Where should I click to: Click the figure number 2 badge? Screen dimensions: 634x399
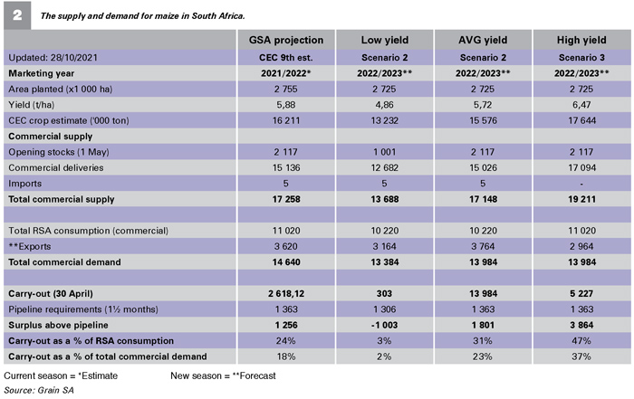click(17, 15)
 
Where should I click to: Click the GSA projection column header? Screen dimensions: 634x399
click(286, 40)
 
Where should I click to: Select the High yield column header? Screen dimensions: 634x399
click(581, 40)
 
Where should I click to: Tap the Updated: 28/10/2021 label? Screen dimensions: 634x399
click(53, 57)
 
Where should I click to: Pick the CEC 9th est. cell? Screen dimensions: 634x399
click(286, 57)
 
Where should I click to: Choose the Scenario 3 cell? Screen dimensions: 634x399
click(581, 57)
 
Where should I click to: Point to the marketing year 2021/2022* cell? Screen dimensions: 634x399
click(286, 73)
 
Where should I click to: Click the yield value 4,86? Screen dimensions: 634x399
click(385, 105)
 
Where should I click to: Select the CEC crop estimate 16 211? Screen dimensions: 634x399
click(286, 120)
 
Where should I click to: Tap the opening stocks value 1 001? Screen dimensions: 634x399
click(385, 152)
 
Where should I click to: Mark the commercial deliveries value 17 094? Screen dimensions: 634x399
click(581, 167)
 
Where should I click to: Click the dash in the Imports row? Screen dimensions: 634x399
click(581, 184)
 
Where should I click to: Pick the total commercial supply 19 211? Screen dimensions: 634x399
click(581, 199)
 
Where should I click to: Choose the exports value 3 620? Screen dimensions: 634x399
click(286, 246)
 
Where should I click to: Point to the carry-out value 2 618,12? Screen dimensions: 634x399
click(286, 294)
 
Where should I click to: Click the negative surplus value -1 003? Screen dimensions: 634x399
click(385, 325)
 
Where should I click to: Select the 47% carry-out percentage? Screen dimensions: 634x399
click(581, 341)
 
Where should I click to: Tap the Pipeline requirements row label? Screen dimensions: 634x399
click(83, 309)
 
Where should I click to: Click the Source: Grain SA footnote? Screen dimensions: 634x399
click(39, 390)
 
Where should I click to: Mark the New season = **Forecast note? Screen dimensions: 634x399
click(223, 375)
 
